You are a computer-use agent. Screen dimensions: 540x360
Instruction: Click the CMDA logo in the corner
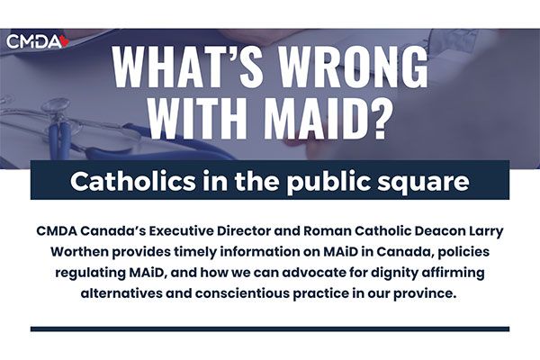[x=38, y=41]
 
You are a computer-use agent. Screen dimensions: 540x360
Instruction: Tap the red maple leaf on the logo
[x=65, y=41]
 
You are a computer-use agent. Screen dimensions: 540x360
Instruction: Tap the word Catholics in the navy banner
[x=132, y=181]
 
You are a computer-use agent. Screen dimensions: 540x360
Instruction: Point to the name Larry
[x=487, y=232]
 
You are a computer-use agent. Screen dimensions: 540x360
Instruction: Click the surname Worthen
[x=79, y=252]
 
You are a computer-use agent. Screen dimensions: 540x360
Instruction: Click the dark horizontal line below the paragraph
[x=270, y=328]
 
